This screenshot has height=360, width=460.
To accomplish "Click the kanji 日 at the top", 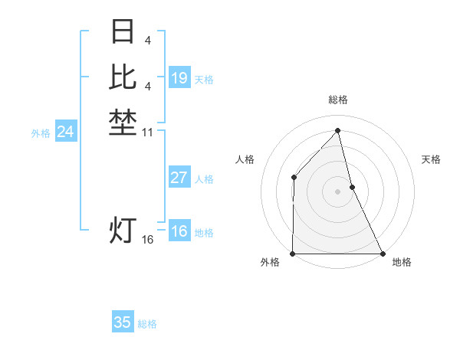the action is tap(123, 31).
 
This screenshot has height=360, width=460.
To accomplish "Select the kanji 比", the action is tap(123, 77).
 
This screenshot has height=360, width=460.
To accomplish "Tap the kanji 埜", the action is tap(123, 123).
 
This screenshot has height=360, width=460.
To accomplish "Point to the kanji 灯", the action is tap(123, 229).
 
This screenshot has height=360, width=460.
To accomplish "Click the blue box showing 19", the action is tap(179, 78).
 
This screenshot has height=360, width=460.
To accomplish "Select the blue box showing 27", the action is tap(179, 178).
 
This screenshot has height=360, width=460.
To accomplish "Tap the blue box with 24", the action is tap(66, 132).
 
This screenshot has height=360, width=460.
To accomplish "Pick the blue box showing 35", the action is tap(123, 322).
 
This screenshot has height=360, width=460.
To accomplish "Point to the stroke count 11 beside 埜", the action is tap(148, 133).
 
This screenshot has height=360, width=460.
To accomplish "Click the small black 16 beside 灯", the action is tap(148, 240).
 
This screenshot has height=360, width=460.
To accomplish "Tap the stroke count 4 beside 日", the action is tap(147, 39).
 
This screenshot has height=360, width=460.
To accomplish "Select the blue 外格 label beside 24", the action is tap(41, 133).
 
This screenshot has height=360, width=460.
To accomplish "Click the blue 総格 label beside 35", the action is tap(147, 325).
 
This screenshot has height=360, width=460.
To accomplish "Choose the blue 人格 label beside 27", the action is tap(204, 179).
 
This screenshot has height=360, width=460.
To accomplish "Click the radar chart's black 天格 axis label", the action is tap(431, 159).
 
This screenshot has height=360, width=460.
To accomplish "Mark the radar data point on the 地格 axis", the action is tap(383, 254).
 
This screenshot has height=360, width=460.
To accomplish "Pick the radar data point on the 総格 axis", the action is tap(337, 130).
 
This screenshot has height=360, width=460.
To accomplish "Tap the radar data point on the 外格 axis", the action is tap(293, 254).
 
